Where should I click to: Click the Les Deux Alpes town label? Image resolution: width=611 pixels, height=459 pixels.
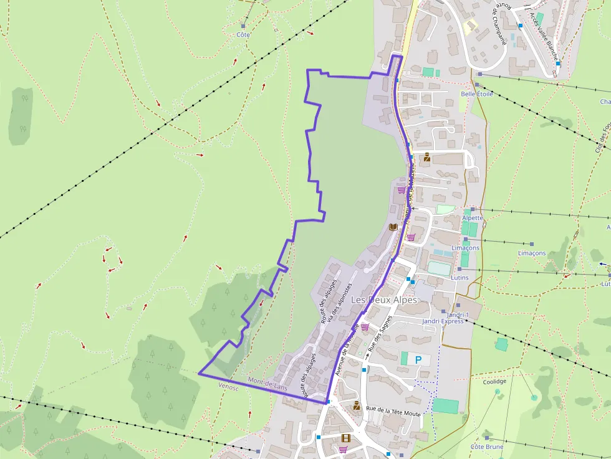[383, 300]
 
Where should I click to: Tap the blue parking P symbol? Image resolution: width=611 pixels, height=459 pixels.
[418, 359]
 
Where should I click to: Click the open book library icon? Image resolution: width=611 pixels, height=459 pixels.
[393, 227]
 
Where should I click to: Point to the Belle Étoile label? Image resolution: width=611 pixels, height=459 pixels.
[476, 94]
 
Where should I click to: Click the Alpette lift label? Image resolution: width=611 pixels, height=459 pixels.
[473, 218]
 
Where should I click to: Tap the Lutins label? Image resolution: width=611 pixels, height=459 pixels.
[459, 277]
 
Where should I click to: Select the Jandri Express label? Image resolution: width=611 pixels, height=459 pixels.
[443, 321]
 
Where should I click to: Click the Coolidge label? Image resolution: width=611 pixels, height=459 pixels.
[494, 382]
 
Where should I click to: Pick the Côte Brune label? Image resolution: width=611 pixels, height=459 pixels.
[487, 447]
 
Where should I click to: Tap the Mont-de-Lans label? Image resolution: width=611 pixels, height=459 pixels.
[267, 384]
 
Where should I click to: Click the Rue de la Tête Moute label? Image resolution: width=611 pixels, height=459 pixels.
[394, 411]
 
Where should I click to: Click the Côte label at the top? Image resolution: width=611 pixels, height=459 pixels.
[243, 35]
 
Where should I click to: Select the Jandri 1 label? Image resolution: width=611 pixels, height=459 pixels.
[458, 315]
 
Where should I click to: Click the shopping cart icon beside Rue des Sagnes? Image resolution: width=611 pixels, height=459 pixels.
[364, 327]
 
